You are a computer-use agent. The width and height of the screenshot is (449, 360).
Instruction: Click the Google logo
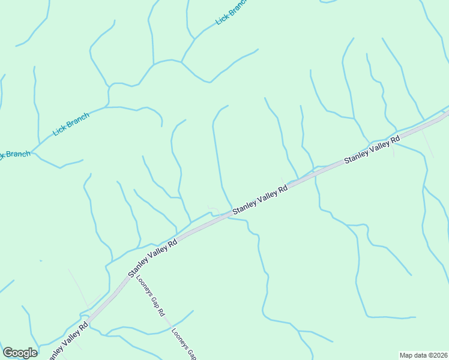[20, 353]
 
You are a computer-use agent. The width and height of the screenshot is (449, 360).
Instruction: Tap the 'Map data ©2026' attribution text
[423, 355]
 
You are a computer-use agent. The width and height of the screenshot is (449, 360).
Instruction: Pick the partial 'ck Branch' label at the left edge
[14, 154]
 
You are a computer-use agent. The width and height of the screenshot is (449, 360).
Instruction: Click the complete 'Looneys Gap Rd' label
[150, 295]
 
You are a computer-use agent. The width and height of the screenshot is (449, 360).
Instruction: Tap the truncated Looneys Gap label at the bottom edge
[183, 344]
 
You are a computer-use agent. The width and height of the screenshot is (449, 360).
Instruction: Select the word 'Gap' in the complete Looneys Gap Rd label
[154, 301]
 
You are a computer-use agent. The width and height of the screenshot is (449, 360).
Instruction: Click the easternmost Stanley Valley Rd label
[372, 150]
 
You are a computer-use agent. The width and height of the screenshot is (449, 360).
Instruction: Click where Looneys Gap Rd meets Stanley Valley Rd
[127, 281]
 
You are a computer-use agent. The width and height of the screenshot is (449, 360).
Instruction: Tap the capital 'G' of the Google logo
[8, 353]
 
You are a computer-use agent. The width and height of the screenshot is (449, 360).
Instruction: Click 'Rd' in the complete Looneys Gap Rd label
[161, 312]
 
